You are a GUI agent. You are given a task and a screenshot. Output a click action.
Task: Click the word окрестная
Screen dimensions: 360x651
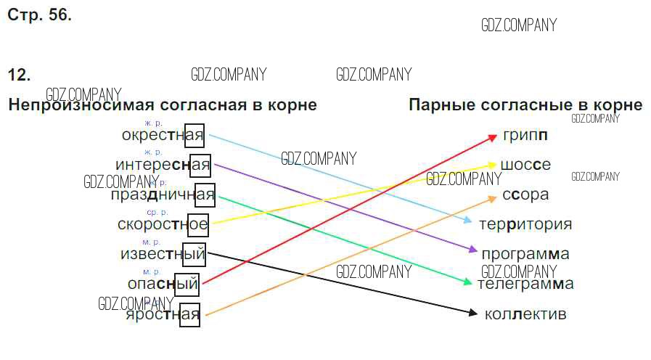point(163,135)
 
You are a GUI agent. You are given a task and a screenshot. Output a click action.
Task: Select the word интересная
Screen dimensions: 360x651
point(163,165)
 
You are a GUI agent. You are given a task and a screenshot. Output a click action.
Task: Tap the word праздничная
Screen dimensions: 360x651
point(163,195)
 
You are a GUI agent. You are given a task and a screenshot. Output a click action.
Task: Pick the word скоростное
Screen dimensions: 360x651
point(163,224)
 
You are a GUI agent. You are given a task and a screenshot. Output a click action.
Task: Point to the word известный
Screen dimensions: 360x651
point(163,254)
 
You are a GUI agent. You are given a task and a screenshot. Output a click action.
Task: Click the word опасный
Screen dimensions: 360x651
point(163,284)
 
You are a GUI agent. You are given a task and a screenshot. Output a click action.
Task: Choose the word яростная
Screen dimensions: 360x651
point(163,314)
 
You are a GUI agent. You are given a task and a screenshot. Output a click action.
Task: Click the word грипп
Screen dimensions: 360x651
point(525,135)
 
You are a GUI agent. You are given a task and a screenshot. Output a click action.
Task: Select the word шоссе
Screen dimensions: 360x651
point(525,165)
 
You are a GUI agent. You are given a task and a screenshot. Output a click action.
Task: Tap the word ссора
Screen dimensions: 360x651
point(525,195)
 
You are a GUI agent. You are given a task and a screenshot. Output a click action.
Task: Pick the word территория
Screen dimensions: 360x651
point(525,224)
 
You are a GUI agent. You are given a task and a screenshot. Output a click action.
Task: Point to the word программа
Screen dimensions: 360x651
point(525,254)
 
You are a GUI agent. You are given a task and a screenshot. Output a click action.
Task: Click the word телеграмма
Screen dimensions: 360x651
point(525,284)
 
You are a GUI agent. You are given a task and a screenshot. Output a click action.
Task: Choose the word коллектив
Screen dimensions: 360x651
point(525,314)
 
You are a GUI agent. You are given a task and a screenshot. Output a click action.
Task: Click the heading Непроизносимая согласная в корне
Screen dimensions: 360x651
point(163,105)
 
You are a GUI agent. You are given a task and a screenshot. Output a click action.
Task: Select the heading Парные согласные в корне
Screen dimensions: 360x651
point(525,105)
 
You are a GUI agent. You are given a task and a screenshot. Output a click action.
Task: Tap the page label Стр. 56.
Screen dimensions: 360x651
point(39,15)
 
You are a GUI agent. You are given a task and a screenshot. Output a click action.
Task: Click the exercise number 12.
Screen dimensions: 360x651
point(19,75)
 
